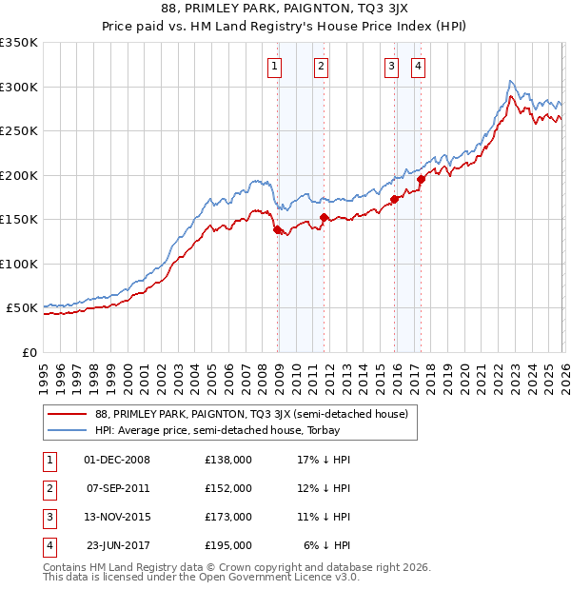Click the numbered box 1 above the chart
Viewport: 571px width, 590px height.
(274, 66)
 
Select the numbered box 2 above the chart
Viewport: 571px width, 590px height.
(321, 66)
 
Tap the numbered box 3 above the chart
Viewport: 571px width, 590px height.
(391, 66)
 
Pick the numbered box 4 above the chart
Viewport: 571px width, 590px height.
(418, 66)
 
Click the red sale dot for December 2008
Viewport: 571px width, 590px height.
(277, 229)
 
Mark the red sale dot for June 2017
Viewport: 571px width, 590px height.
(422, 179)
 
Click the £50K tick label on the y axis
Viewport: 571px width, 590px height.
(22, 308)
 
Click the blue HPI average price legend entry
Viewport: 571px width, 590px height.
(226, 431)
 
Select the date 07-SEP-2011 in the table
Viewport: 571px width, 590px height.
(117, 488)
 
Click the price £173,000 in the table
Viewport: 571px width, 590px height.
(228, 517)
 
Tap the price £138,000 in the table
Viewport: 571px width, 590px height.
(228, 460)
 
